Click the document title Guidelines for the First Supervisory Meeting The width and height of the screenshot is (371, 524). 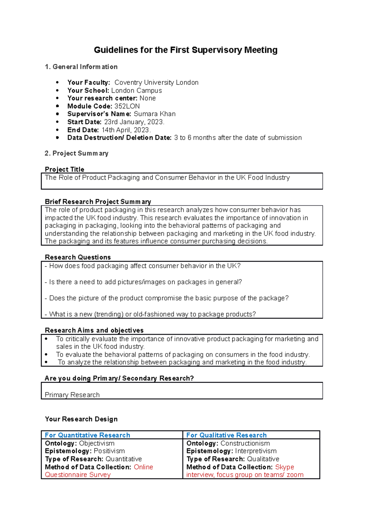click(x=185, y=50)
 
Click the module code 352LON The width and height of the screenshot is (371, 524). click(x=127, y=106)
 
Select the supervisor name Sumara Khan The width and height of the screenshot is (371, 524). click(x=154, y=114)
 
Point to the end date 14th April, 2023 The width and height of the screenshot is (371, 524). click(x=126, y=130)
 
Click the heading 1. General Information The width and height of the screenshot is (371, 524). click(x=81, y=67)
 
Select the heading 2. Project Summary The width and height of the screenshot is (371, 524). click(x=76, y=153)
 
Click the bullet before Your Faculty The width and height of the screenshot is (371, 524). click(x=57, y=83)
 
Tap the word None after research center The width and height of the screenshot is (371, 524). click(x=147, y=98)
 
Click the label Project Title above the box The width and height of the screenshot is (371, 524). click(x=64, y=169)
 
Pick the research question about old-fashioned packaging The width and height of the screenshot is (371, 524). click(x=150, y=314)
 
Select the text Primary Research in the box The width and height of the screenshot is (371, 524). click(x=72, y=395)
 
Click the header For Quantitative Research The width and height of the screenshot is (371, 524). click(x=87, y=435)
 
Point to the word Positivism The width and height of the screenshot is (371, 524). click(x=109, y=451)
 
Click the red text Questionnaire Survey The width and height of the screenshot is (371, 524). click(x=78, y=475)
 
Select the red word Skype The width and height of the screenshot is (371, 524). click(x=284, y=467)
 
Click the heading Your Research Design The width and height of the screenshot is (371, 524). click(x=81, y=419)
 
